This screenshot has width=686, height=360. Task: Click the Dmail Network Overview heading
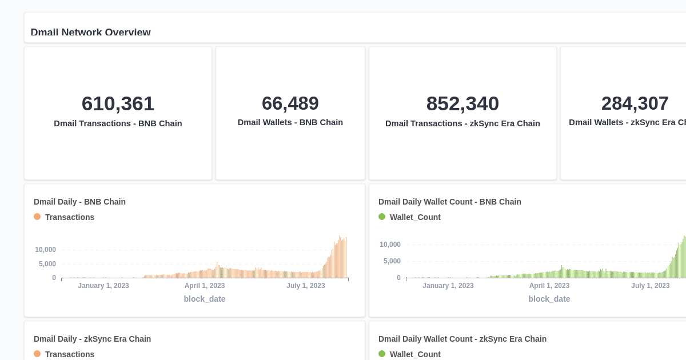coord(90,32)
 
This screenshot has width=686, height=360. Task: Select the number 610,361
coord(118,104)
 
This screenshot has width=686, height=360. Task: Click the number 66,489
coord(290,103)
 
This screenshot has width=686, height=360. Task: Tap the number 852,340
coord(462,104)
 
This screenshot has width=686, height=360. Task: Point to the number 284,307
coord(635,103)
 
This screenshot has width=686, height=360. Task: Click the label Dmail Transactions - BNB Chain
coord(118,123)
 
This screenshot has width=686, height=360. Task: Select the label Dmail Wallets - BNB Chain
coord(290,122)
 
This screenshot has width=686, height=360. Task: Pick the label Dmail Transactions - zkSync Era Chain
coord(462,123)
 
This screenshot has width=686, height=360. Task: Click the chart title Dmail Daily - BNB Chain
coord(79,202)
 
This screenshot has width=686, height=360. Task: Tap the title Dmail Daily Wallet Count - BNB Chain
coord(450,202)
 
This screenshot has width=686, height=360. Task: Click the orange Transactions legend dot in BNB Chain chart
coord(37,217)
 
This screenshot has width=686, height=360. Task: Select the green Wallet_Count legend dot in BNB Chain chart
coord(382,217)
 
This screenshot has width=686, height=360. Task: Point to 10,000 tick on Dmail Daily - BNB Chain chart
coord(45,250)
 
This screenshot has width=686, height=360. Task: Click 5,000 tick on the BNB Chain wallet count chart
coord(392,261)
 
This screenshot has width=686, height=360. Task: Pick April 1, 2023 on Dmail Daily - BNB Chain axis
coord(205,286)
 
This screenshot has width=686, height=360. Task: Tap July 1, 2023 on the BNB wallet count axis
coord(650,286)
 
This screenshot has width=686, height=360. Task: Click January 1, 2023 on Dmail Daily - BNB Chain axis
coord(103,286)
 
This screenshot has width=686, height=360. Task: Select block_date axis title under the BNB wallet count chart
coord(549,299)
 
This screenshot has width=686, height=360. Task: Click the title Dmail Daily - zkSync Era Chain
coord(92,339)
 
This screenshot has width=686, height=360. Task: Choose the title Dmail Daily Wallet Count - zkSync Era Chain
coord(462,339)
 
